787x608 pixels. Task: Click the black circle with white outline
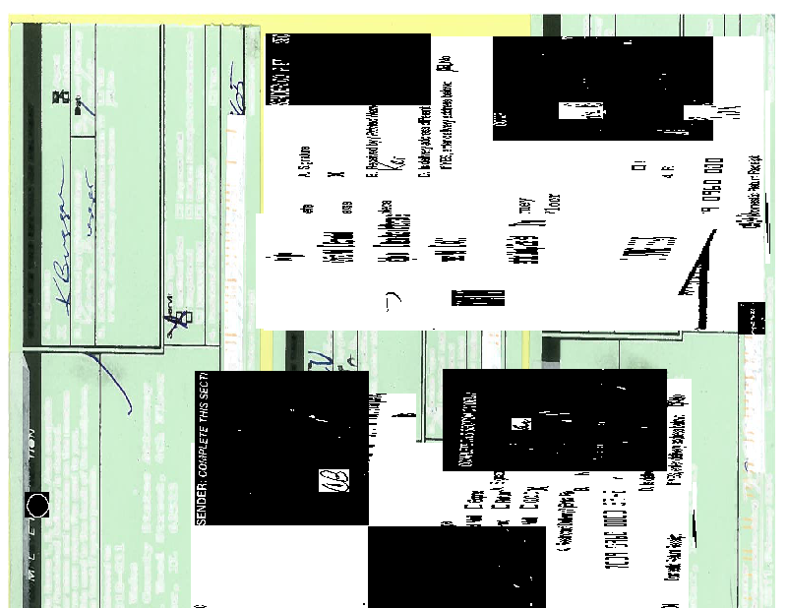click(x=37, y=506)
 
